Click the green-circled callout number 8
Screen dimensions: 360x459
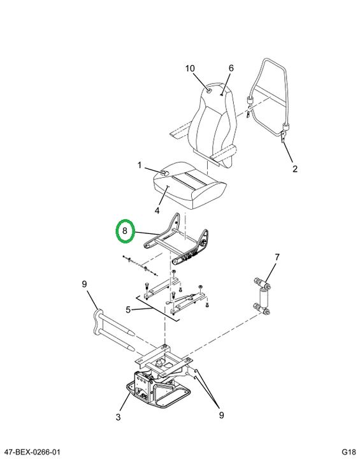coord(125,231)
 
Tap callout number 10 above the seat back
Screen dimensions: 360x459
coord(190,68)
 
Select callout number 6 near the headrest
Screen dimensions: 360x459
coord(231,68)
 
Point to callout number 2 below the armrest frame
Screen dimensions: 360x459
coord(295,168)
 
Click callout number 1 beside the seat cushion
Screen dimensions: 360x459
coord(140,165)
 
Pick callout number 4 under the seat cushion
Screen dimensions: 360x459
coord(157,210)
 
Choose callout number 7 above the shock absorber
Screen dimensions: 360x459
coord(277,258)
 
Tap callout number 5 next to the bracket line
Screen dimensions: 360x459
coord(128,309)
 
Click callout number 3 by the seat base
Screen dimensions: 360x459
coord(118,417)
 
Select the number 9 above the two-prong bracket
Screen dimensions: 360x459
coord(84,284)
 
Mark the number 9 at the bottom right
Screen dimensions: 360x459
coord(221,415)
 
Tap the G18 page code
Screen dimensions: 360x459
coord(349,452)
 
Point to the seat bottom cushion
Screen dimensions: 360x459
coord(190,185)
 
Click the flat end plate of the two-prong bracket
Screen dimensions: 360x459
coord(98,321)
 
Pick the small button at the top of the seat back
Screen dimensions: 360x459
coord(210,90)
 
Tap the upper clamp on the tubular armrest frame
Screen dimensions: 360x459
coord(250,100)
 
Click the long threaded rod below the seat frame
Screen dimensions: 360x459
coord(140,266)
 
